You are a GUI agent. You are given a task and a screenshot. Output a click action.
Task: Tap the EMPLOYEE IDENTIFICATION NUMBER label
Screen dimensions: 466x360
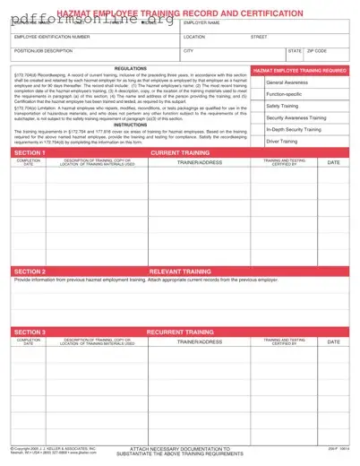tap(52, 38)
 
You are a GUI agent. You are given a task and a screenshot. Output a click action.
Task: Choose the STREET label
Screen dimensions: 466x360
tap(259, 38)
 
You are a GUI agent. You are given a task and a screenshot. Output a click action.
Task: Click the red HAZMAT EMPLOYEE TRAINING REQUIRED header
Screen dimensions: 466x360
tap(300, 69)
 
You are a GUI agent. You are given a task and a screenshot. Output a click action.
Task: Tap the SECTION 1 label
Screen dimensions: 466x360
tap(30, 153)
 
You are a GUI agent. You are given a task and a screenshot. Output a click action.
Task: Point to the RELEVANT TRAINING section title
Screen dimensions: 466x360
tap(180, 271)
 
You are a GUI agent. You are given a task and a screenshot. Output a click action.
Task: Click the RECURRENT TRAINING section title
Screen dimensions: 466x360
tap(180, 332)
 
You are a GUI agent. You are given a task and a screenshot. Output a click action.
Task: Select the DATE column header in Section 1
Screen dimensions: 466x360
tap(333, 162)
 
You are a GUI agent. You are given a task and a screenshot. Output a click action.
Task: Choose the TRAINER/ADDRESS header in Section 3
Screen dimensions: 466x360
tap(201, 341)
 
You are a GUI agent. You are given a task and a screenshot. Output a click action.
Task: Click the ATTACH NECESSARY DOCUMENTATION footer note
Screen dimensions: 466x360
tap(179, 447)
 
